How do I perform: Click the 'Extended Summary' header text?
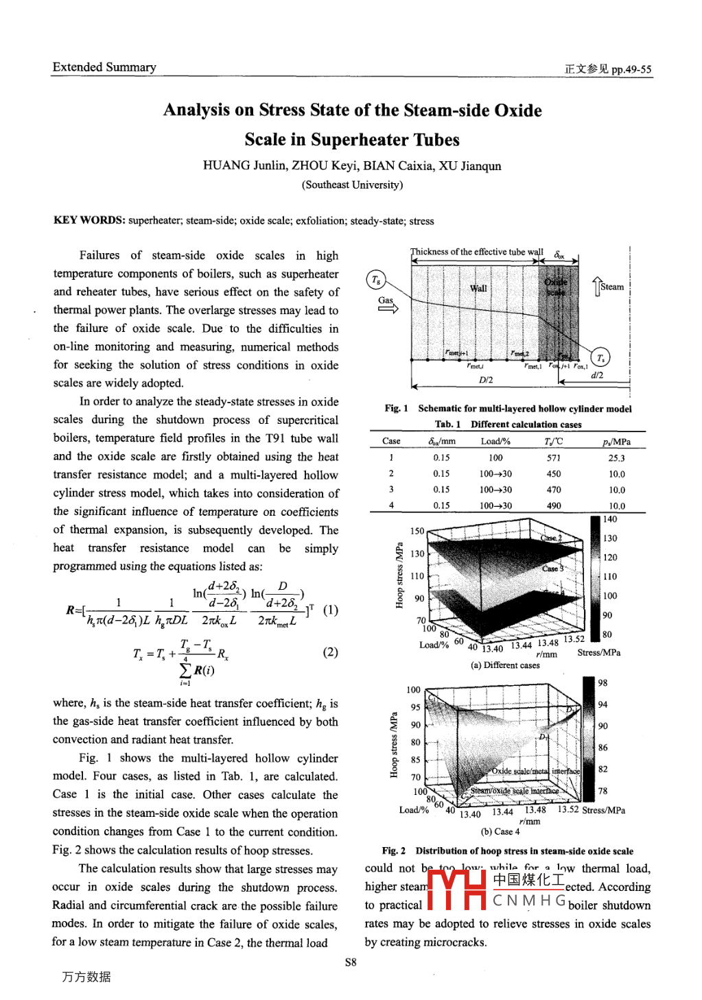click(x=104, y=67)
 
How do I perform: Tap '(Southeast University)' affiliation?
click(x=352, y=185)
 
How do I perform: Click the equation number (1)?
click(x=330, y=610)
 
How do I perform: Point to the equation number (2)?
click(x=330, y=652)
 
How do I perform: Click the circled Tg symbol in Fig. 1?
click(x=376, y=279)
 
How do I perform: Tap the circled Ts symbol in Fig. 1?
click(x=600, y=357)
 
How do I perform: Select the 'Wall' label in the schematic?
click(x=478, y=288)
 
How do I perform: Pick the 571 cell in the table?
click(x=554, y=458)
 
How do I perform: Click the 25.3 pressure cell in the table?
click(x=616, y=458)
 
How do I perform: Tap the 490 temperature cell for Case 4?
click(x=554, y=505)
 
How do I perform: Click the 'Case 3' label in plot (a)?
click(x=552, y=569)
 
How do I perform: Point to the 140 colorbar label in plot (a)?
click(x=610, y=519)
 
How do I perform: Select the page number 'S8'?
click(x=351, y=962)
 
